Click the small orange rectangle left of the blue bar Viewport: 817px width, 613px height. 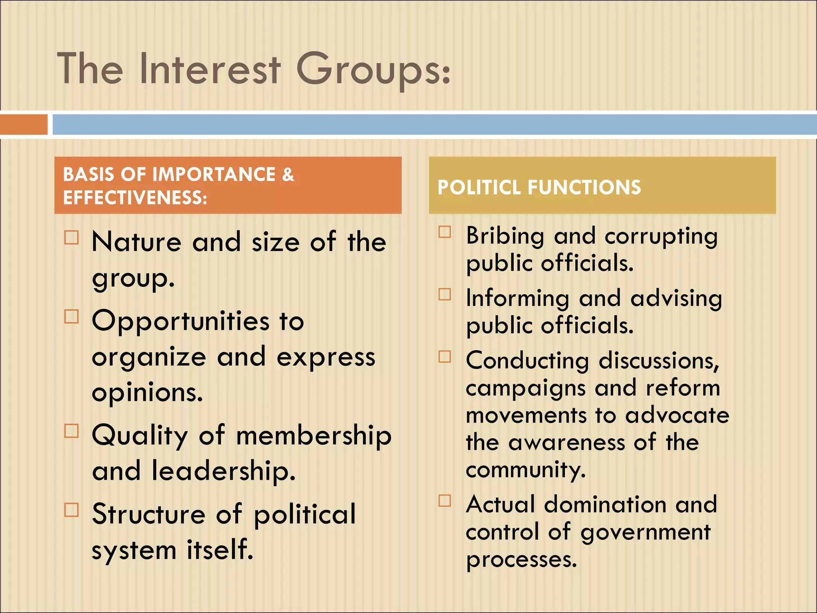24,124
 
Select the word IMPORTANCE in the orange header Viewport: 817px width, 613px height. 214,174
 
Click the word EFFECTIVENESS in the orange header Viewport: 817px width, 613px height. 135,198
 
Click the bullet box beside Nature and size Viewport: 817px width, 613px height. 72,237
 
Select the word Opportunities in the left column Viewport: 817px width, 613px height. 181,321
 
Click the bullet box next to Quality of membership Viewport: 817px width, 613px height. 72,431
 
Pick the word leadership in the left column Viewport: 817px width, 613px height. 223,471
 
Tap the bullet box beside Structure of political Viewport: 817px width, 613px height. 72,510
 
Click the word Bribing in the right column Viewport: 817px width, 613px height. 505,236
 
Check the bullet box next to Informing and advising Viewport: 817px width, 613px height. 445,294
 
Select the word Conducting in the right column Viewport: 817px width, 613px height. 527,361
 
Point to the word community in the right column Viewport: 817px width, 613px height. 525,470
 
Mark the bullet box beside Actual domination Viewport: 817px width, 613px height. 445,500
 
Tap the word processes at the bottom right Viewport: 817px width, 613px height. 521,560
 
